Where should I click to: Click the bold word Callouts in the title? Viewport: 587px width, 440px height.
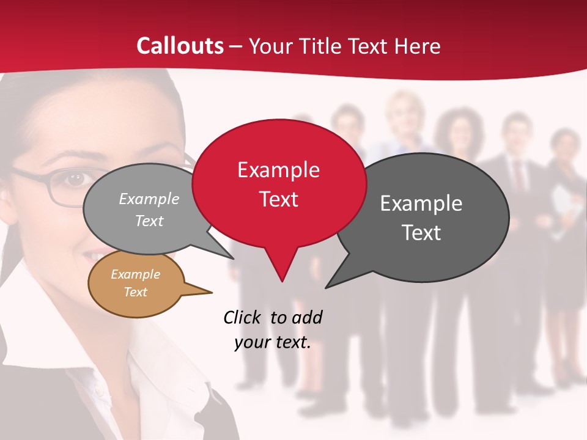[180, 46]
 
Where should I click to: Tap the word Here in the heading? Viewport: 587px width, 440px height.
[418, 46]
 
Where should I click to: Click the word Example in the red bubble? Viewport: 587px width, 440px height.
[279, 170]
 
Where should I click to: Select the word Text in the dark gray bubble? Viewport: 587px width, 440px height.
[421, 233]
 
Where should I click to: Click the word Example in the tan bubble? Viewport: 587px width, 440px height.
[135, 274]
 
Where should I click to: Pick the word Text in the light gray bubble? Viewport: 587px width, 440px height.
[149, 221]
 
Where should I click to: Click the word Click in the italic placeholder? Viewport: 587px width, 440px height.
[243, 317]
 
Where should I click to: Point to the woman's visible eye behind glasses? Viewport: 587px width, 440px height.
[75, 179]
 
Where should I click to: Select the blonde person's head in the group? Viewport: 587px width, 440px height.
[404, 113]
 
